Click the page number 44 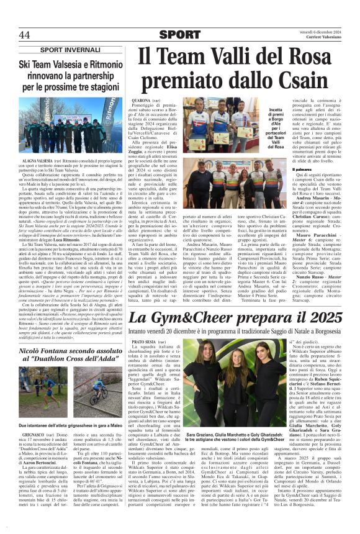[24, 34]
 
